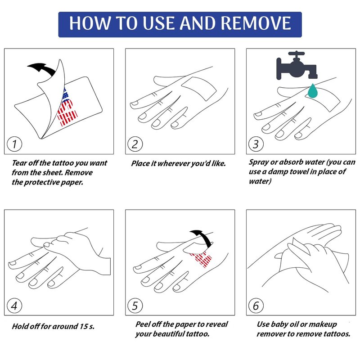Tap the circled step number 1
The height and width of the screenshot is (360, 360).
(x=14, y=144)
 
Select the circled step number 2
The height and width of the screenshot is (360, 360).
(x=135, y=144)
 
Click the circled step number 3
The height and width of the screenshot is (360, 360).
(x=256, y=144)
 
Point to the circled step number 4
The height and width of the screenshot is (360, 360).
(x=14, y=306)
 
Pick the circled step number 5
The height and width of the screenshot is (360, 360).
(x=135, y=306)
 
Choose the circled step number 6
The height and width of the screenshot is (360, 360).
(x=256, y=306)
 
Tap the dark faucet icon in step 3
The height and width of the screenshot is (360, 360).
(x=297, y=65)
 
